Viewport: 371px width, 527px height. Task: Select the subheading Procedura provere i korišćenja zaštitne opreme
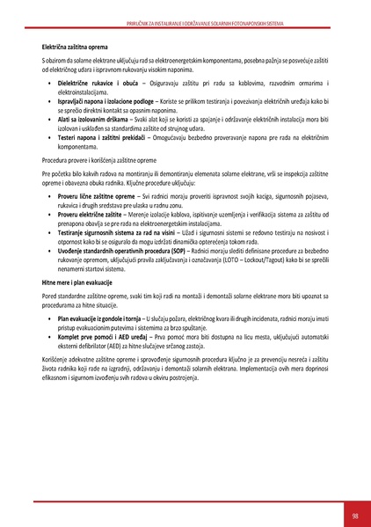[104, 163]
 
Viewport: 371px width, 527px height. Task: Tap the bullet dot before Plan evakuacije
[49, 340]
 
